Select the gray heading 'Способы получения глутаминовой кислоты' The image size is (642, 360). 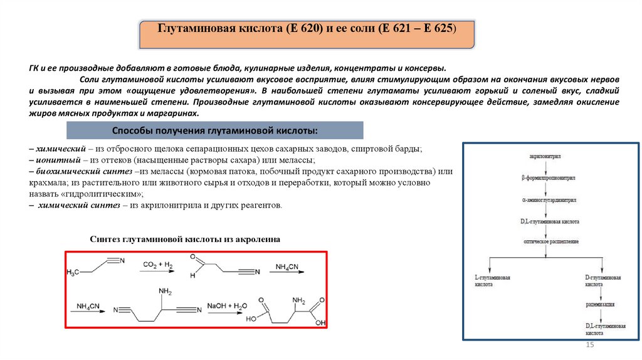point(214,130)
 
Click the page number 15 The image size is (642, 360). point(589,346)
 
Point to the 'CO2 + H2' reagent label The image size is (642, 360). point(157,265)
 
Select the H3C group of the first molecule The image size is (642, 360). point(73,273)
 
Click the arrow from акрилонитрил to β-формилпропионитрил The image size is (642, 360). point(546,166)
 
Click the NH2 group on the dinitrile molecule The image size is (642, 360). point(166,292)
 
